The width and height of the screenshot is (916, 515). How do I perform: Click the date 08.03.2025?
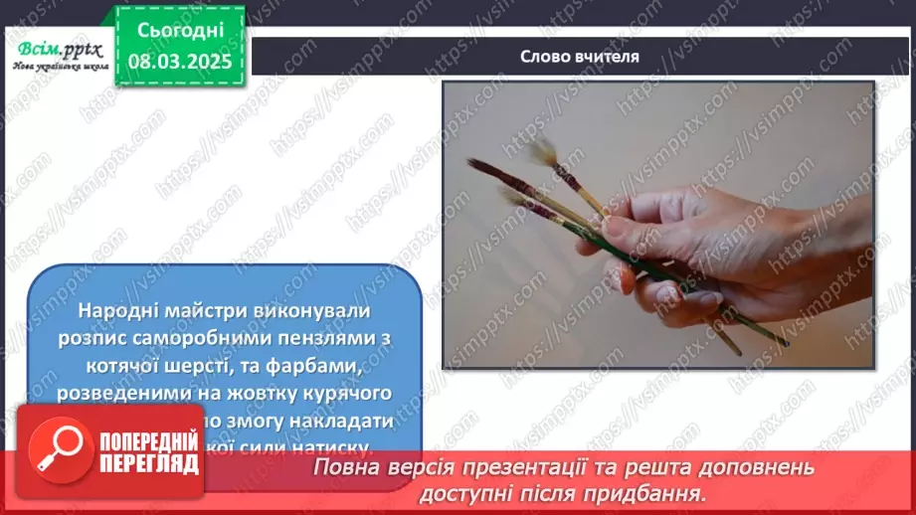click(180, 60)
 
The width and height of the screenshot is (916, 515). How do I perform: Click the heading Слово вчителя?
click(580, 57)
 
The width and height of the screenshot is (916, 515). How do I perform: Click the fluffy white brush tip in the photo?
click(542, 152)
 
